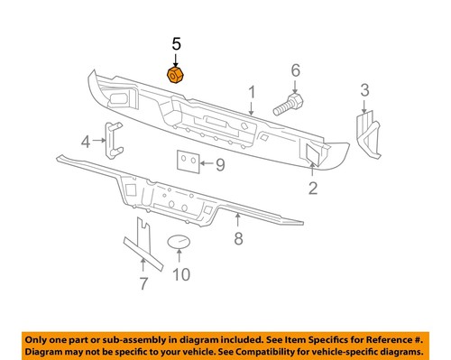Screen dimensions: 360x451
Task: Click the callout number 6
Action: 294,70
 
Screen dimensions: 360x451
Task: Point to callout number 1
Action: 253,91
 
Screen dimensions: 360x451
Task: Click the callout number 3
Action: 364,89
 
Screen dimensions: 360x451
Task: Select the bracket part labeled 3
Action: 368,132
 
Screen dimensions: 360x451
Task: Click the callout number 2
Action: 313,188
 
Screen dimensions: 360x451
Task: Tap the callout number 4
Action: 87,141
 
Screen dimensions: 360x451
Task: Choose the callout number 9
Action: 219,163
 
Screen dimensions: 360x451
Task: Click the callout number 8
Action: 238,238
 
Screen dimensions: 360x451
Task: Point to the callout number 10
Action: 180,274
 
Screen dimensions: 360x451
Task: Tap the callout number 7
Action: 143,286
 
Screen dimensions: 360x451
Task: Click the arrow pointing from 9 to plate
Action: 207,163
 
